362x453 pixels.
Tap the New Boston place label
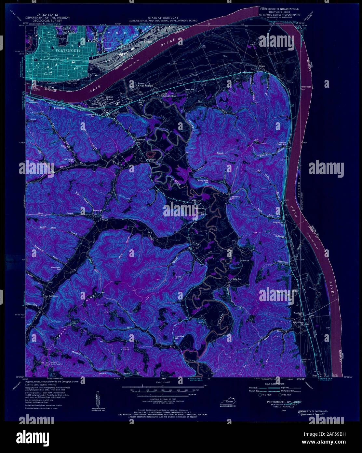145,42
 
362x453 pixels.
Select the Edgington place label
278,223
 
